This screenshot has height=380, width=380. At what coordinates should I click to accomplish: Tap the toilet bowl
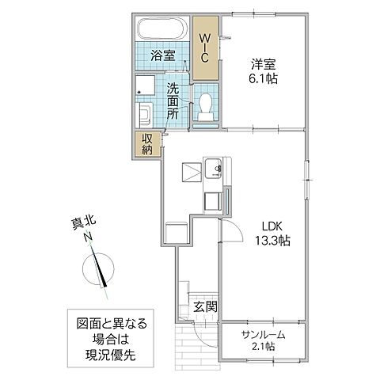(204, 104)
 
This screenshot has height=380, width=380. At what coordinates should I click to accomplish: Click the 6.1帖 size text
(265, 79)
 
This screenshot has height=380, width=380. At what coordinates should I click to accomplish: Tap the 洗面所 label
(173, 101)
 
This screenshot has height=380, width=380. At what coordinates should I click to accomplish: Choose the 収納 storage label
(148, 144)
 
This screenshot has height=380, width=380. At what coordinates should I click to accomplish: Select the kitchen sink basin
(214, 168)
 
